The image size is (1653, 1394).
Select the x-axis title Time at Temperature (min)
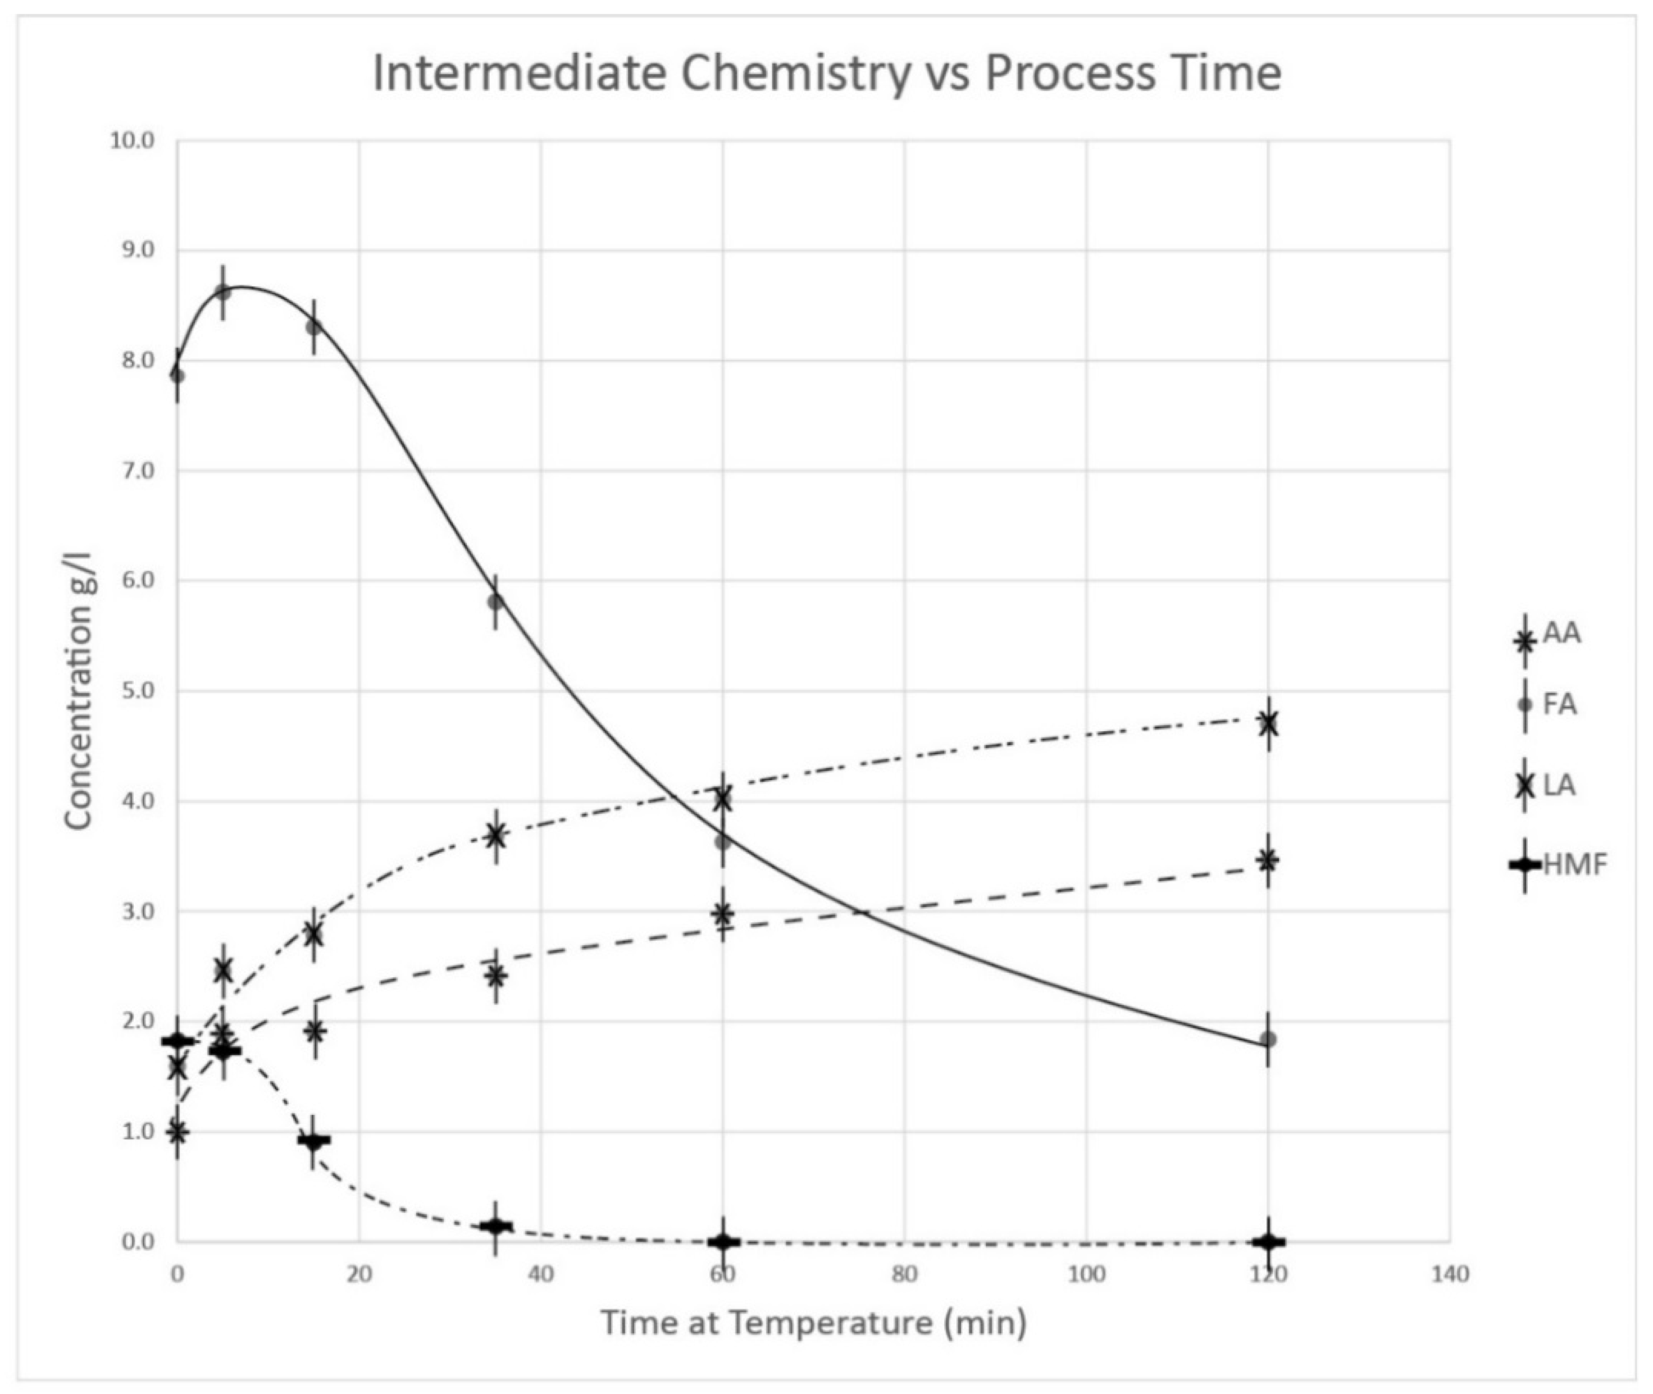coord(814,1322)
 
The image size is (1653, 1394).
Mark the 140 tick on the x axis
coord(1449,1274)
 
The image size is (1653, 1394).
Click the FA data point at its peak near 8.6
coord(223,293)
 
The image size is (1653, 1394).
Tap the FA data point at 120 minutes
coord(1268,1039)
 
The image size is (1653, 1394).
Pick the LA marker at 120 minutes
coord(1268,723)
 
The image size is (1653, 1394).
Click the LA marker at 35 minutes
coord(495,835)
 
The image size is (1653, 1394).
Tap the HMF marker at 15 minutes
coord(313,1140)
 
